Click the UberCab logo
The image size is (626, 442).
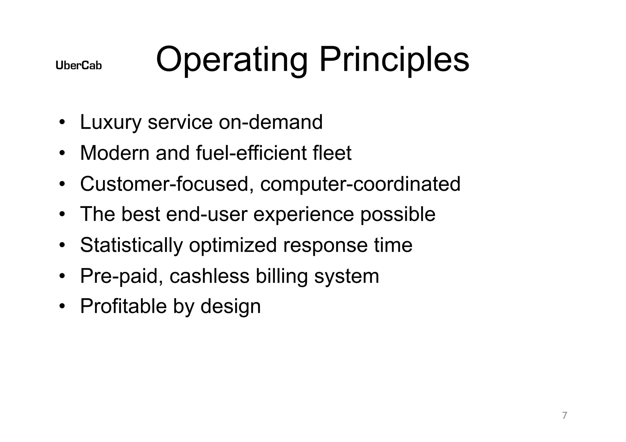pyautogui.click(x=79, y=65)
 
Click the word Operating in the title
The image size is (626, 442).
pyautogui.click(x=231, y=60)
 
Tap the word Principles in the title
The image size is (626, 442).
pyautogui.click(x=394, y=60)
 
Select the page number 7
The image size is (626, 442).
pyautogui.click(x=565, y=415)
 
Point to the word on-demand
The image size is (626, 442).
pyautogui.click(x=271, y=122)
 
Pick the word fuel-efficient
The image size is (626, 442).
pyautogui.click(x=251, y=153)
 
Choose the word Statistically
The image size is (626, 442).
pyautogui.click(x=131, y=245)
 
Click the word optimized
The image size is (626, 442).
pyautogui.click(x=233, y=245)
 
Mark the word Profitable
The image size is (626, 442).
pyautogui.click(x=123, y=306)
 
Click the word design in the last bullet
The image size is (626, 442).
pyautogui.click(x=230, y=307)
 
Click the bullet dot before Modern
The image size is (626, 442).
pyautogui.click(x=62, y=153)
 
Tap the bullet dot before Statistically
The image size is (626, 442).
pyautogui.click(x=62, y=245)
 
